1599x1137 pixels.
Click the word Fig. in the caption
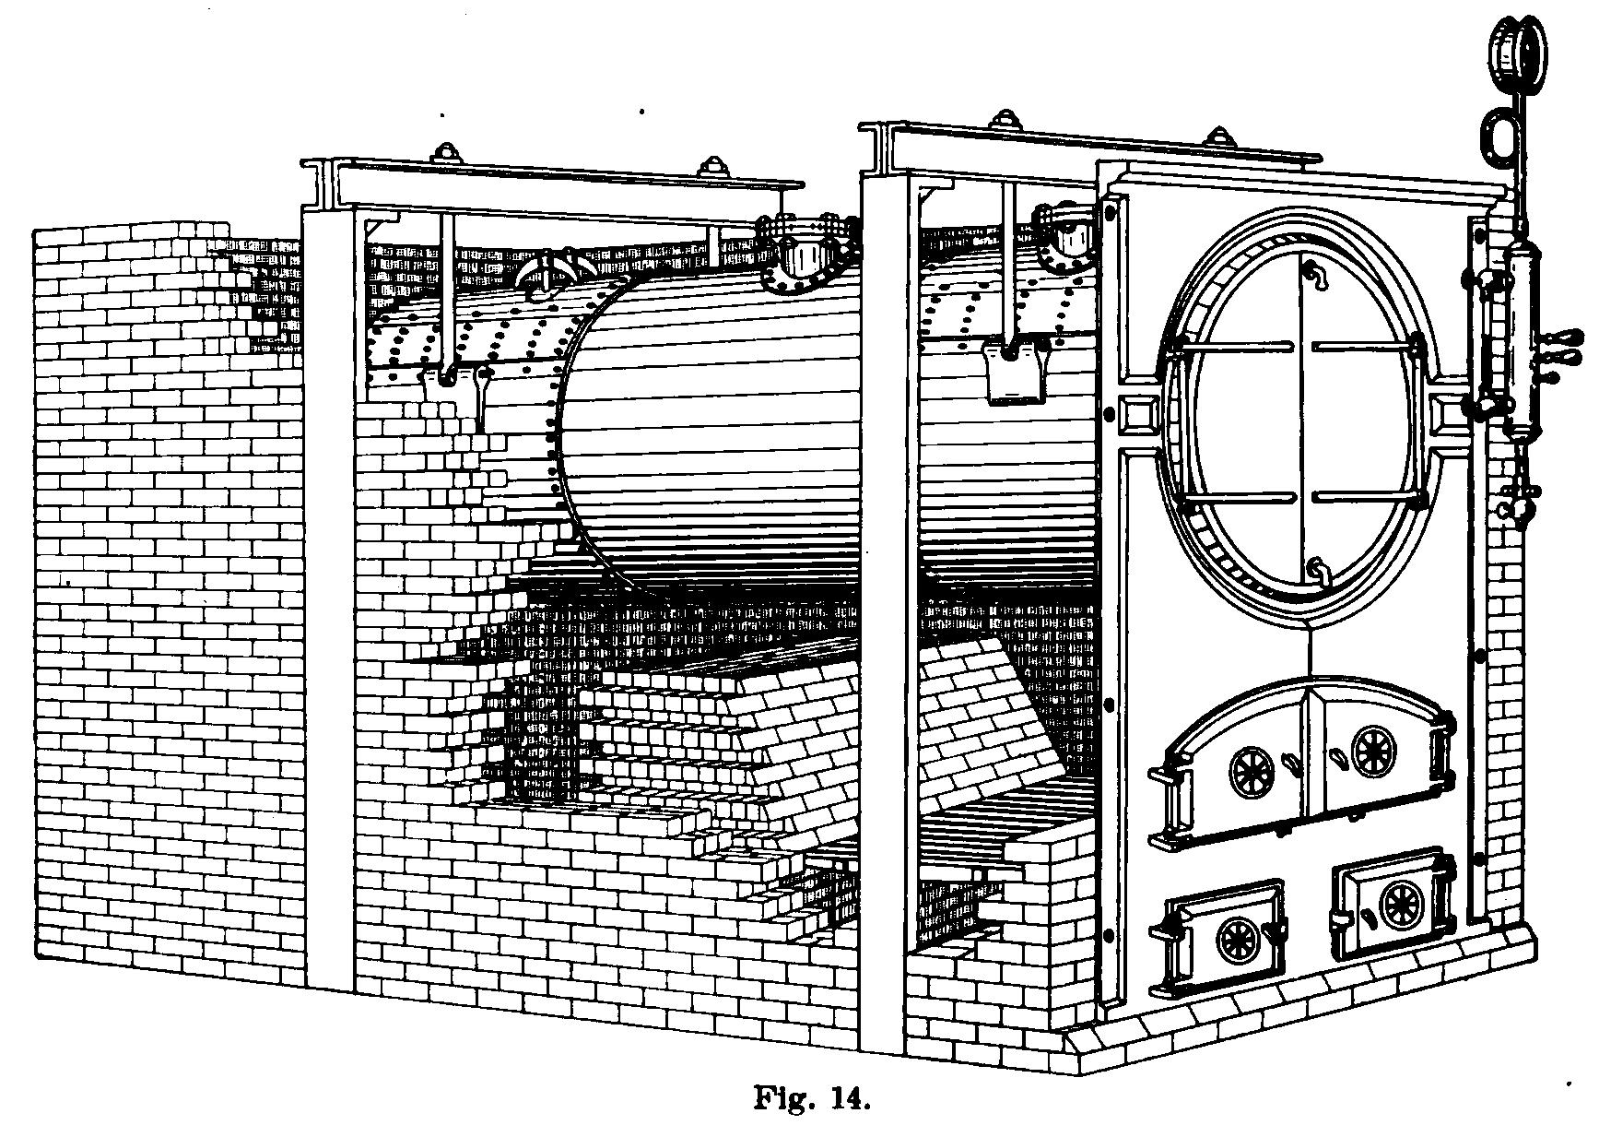click(782, 1098)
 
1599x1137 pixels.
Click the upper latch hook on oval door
click(1314, 273)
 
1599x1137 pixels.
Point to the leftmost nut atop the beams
click(447, 151)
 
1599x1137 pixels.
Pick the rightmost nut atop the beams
click(1222, 136)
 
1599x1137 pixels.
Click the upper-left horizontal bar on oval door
click(1234, 348)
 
